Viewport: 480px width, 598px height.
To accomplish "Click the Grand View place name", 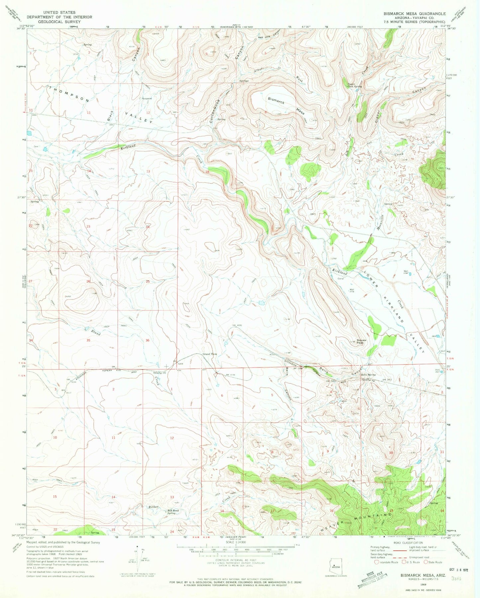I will pos(210,354).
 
